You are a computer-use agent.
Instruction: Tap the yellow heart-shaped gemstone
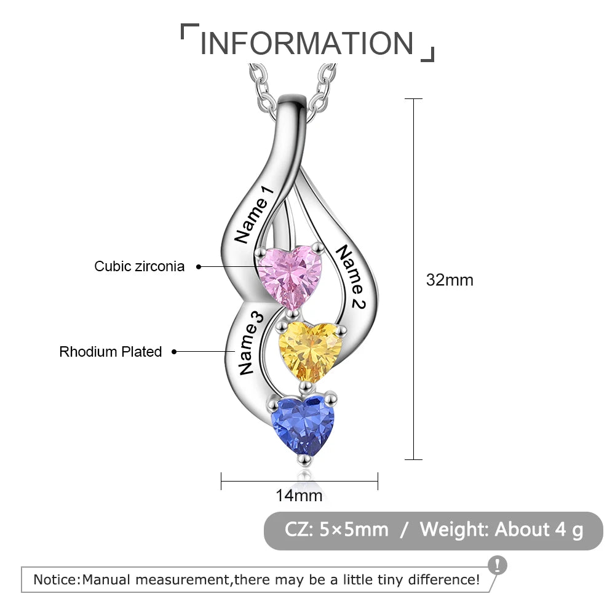click(310, 351)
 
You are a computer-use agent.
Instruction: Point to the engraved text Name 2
click(351, 275)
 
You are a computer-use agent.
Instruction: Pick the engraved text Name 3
click(250, 343)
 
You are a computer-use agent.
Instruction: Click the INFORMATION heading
click(307, 44)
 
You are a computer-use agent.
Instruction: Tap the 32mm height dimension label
click(450, 280)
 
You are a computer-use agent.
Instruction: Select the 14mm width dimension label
click(299, 496)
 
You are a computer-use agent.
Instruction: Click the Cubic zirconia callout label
click(139, 266)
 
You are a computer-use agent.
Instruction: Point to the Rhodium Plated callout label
click(111, 352)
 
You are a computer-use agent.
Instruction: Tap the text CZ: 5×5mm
click(336, 530)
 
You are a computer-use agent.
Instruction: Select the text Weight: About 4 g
click(501, 530)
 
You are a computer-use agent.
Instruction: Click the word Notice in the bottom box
click(56, 579)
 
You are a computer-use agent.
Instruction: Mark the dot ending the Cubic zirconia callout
click(199, 266)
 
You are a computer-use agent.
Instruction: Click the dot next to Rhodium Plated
click(174, 352)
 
